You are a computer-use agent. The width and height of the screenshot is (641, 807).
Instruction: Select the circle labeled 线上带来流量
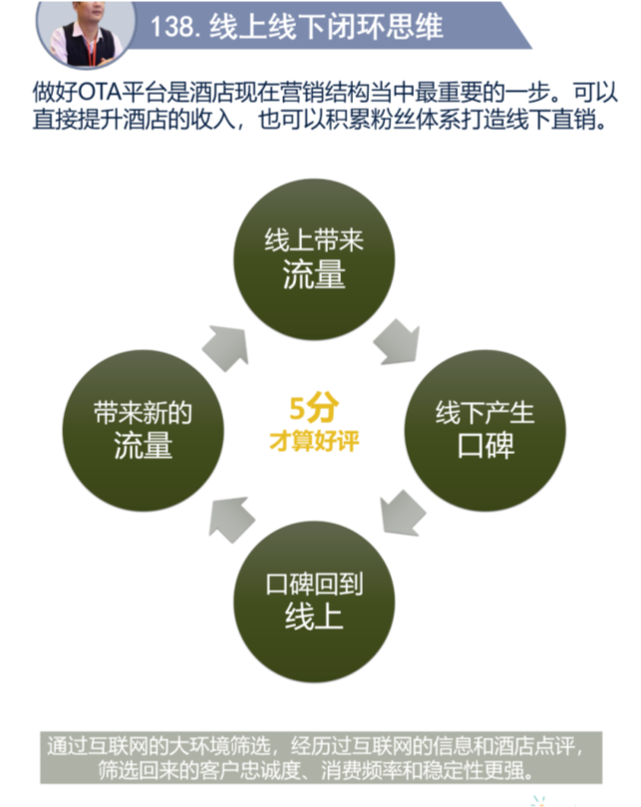[314, 259]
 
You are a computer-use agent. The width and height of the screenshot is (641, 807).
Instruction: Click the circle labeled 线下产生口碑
[485, 430]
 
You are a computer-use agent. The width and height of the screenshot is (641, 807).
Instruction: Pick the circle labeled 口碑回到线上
[314, 602]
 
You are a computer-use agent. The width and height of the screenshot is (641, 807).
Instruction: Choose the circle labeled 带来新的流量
[143, 430]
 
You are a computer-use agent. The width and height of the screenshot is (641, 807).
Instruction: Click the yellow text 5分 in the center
[314, 409]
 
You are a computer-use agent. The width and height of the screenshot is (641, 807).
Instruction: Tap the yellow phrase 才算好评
[314, 441]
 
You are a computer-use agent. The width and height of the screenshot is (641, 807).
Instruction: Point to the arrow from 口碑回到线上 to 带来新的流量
[231, 519]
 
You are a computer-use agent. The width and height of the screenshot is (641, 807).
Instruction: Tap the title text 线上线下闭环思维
[326, 26]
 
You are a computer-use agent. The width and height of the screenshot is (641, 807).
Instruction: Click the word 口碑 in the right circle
[485, 446]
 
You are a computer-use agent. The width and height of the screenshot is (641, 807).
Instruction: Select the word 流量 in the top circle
[314, 274]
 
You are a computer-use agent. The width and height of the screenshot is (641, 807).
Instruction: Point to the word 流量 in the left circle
[143, 446]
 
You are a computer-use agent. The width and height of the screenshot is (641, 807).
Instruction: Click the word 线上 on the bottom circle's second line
[314, 616]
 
